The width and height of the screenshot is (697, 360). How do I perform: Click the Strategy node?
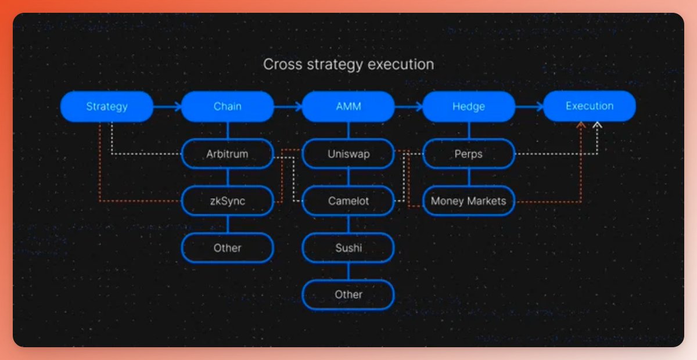tap(107, 106)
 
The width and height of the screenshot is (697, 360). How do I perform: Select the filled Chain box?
tap(228, 106)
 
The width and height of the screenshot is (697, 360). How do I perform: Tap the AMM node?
tap(348, 106)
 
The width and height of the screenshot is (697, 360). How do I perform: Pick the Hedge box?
tap(469, 106)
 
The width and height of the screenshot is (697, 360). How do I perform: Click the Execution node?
tap(590, 106)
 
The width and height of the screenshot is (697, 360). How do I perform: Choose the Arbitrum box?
tap(228, 154)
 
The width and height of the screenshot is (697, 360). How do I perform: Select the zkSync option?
tap(228, 201)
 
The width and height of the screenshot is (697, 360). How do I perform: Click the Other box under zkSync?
tap(228, 248)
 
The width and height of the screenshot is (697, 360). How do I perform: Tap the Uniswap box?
tap(348, 154)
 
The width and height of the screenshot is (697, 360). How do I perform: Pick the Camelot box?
tap(348, 201)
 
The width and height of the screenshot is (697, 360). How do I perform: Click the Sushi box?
tap(348, 248)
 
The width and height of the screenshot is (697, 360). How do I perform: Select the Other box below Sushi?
tap(348, 295)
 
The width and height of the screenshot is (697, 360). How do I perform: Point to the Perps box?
tap(469, 154)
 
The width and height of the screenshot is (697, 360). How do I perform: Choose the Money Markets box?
tap(469, 201)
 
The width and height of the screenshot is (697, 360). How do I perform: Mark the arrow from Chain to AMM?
tap(288, 106)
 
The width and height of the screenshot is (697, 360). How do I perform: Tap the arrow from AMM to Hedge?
tap(409, 106)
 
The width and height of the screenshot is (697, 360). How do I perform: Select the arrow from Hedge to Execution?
tap(529, 106)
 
